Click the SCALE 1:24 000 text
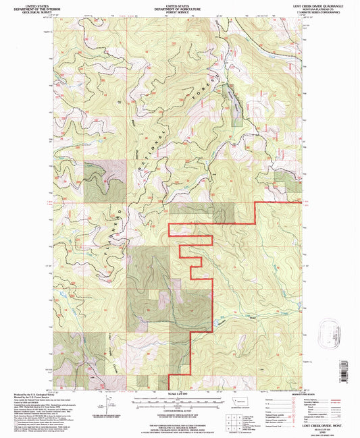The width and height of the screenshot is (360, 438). click(x=165, y=395)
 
